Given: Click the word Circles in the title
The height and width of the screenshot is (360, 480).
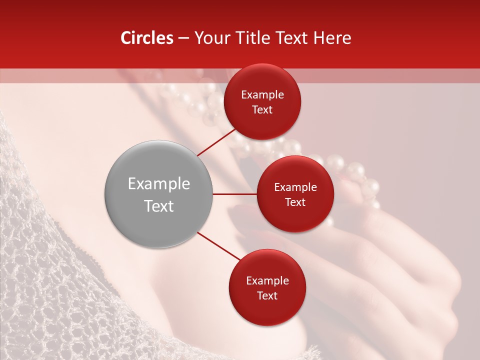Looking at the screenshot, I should (x=146, y=38).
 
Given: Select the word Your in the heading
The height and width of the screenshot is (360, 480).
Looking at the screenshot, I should (x=210, y=38).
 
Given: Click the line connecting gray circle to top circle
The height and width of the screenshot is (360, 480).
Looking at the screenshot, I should (x=216, y=142).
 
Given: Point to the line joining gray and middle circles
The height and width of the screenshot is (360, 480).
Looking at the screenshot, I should (x=234, y=194).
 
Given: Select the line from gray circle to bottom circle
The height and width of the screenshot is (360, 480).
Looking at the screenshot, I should (x=219, y=246).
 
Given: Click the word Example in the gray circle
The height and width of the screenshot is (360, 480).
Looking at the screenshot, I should (x=159, y=184).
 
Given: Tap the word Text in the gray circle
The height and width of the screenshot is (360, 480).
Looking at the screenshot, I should (x=159, y=206).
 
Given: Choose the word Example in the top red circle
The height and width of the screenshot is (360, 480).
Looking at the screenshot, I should (x=262, y=95).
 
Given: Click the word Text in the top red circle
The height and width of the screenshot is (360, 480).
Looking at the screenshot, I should (x=262, y=110).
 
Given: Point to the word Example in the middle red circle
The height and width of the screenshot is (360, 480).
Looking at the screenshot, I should (x=295, y=187).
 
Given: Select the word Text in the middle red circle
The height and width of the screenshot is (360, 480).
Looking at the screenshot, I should (x=295, y=202).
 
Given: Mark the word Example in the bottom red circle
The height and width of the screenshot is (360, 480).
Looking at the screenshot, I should (x=267, y=281).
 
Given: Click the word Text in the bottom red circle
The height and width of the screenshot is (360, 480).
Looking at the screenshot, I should (x=267, y=296).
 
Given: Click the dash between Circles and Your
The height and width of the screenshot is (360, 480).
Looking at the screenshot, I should (x=183, y=38).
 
